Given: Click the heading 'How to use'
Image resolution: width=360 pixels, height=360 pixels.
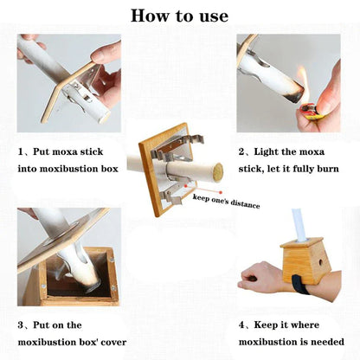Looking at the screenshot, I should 179,16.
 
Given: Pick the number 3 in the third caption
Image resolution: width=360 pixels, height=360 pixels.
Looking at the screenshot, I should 22,326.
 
